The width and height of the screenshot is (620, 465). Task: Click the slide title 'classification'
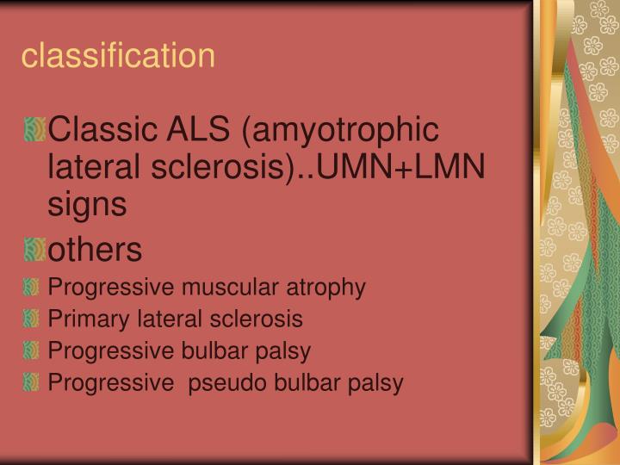click(x=118, y=56)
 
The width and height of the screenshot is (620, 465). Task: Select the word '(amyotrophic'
click(x=342, y=133)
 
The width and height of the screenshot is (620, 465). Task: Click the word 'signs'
click(x=88, y=205)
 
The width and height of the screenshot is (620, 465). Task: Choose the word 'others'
click(x=95, y=251)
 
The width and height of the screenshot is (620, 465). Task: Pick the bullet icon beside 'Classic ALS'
click(x=34, y=132)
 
